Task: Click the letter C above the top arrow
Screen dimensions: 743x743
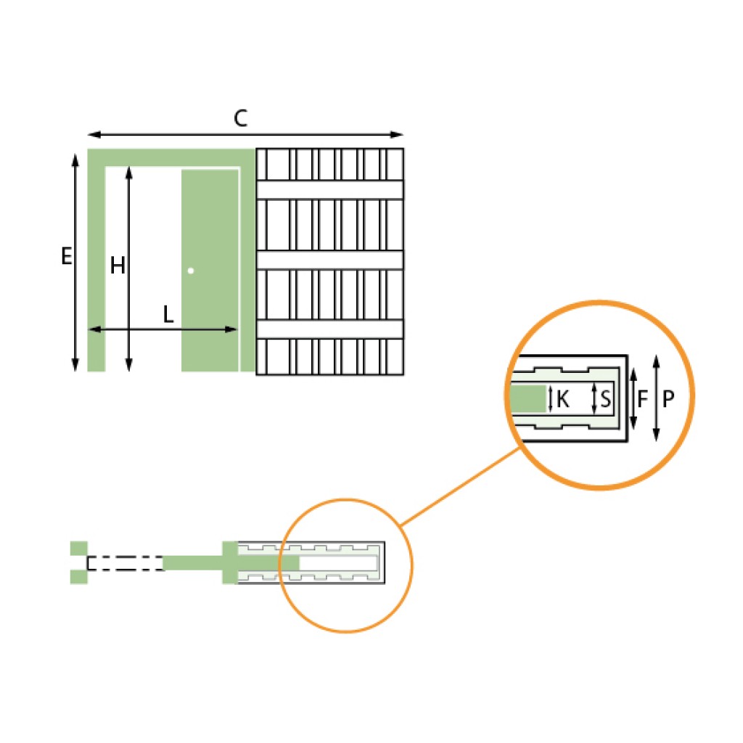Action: point(241,119)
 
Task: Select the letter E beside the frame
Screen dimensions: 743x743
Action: point(67,256)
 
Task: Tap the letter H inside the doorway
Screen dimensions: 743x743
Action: point(118,267)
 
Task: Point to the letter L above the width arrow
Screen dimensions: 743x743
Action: point(168,315)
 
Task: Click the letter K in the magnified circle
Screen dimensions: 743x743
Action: point(563,398)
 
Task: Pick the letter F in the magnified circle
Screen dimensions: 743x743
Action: point(643,398)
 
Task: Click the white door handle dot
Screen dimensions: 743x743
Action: point(191,271)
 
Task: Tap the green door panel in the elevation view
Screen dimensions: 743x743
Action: point(209,218)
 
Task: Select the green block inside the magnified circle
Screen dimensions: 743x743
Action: point(528,398)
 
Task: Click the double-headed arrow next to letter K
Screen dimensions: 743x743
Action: point(551,398)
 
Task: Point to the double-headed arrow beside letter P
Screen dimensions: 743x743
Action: point(656,398)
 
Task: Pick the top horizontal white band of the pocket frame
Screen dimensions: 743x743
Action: point(330,189)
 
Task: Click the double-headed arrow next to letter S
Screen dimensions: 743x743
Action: point(595,398)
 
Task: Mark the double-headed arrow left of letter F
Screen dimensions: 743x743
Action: point(633,398)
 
